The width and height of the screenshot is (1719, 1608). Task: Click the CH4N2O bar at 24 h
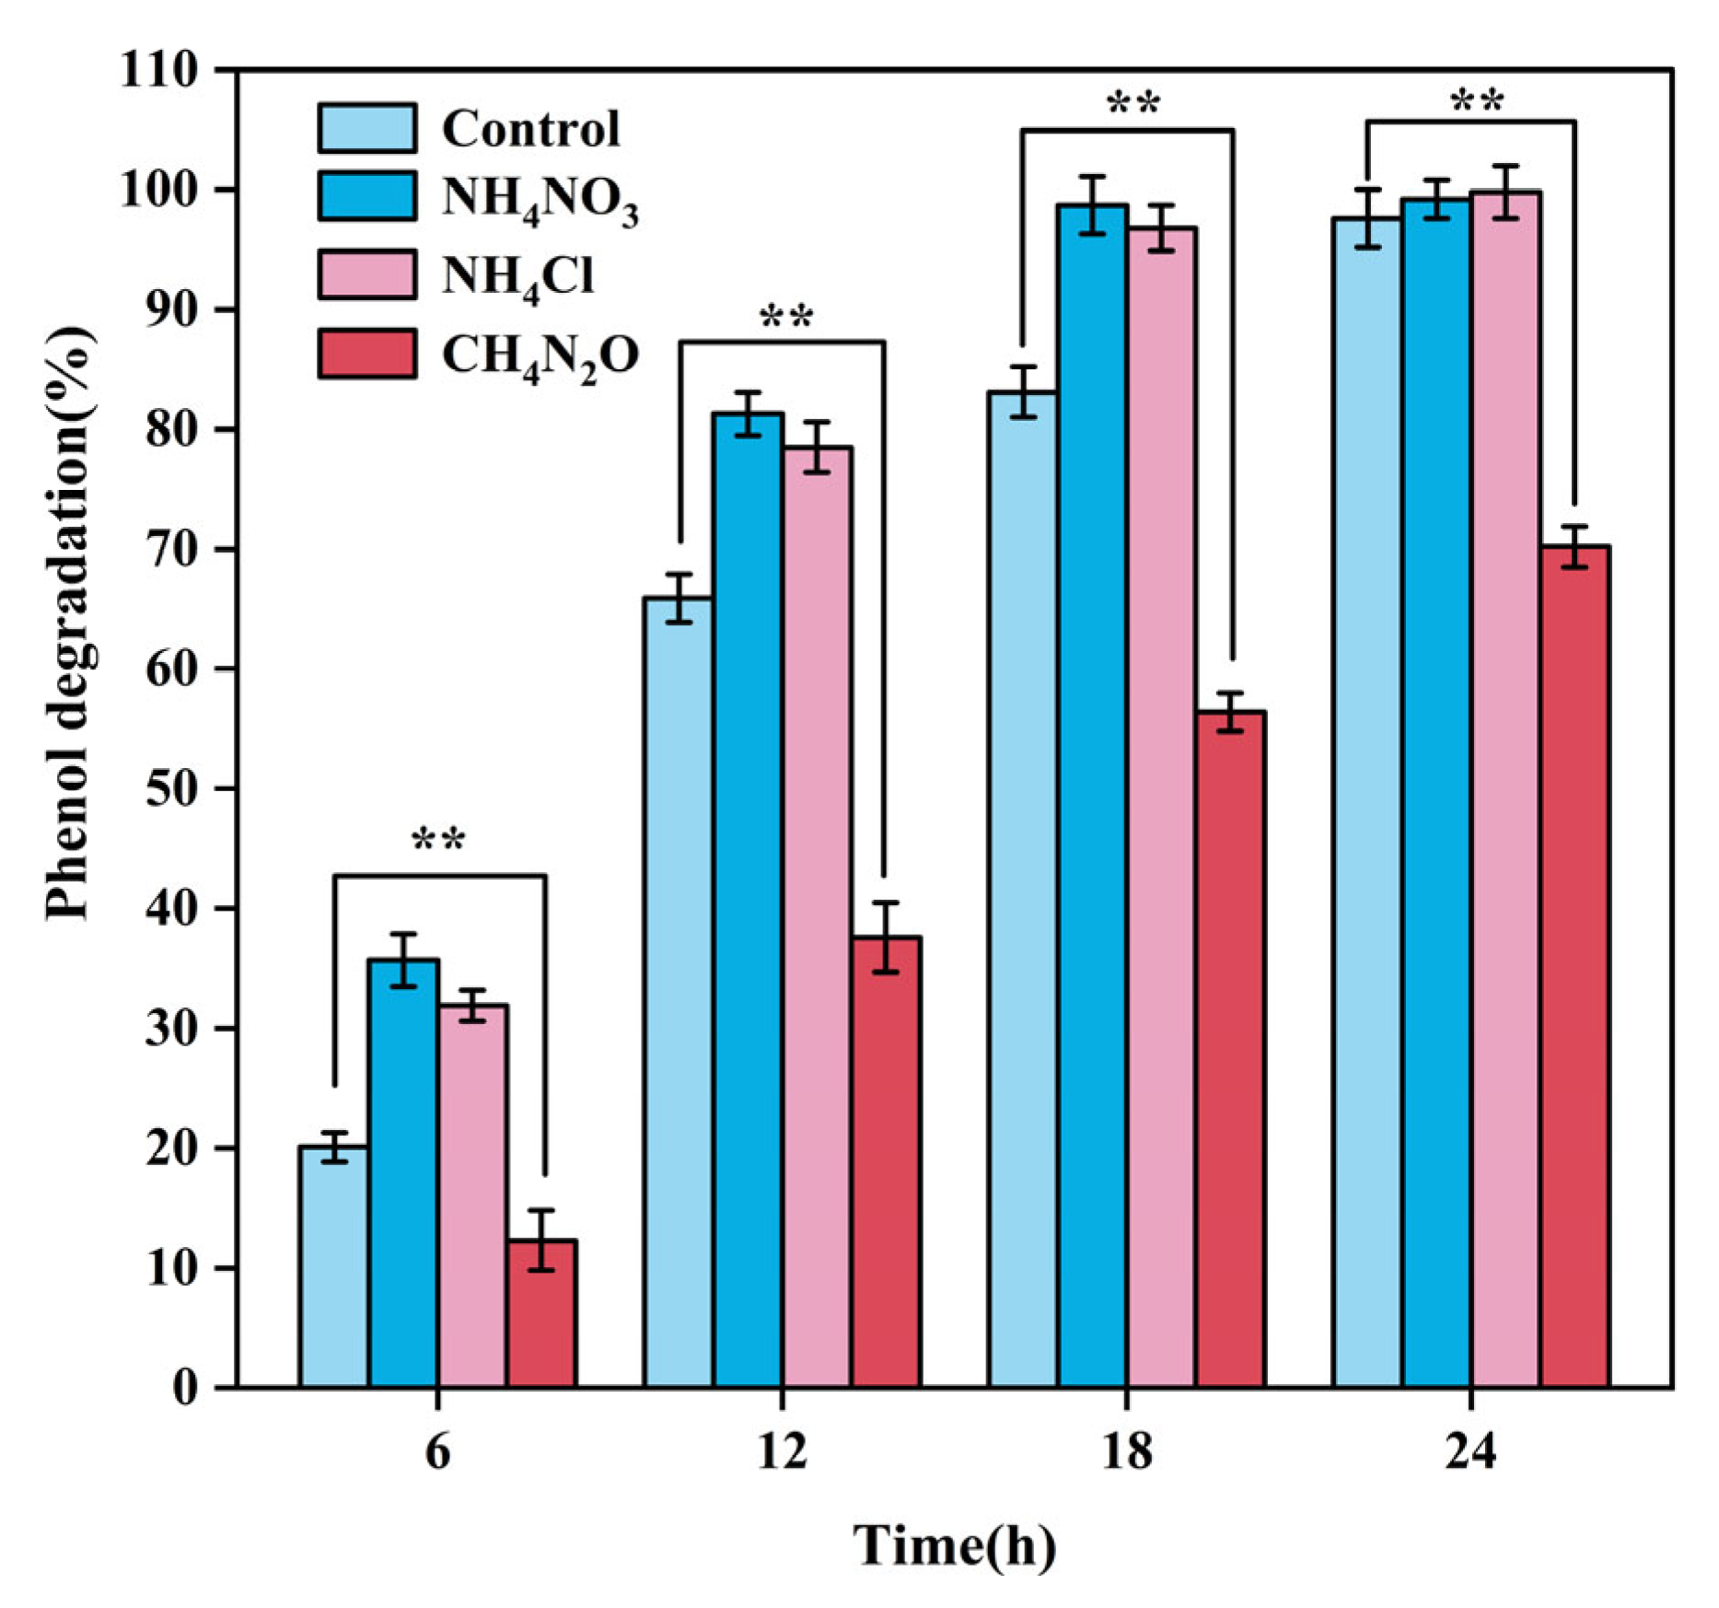coord(1574,966)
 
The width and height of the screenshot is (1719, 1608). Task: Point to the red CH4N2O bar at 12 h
coord(886,1161)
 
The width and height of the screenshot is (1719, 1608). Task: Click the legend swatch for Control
coord(366,127)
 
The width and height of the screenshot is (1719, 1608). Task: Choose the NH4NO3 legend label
coord(540,198)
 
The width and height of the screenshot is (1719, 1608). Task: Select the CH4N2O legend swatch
coord(366,354)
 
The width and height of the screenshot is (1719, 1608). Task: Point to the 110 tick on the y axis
coord(158,69)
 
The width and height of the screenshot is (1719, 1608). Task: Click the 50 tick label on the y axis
coord(171,788)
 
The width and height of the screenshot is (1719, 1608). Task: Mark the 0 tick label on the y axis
coord(185,1387)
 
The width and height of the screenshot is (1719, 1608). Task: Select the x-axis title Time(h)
coord(954,1544)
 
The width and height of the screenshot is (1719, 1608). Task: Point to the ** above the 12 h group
coord(785,319)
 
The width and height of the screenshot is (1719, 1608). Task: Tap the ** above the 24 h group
coord(1477,100)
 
